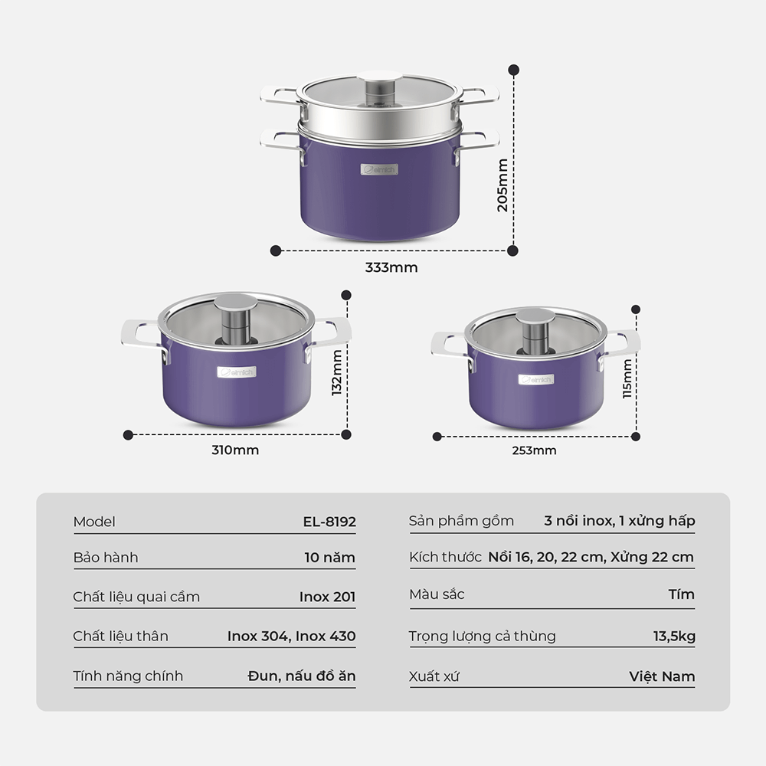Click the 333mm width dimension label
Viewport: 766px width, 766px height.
tap(391, 267)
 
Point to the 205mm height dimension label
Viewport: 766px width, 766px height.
tap(502, 185)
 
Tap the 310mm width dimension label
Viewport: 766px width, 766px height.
tap(235, 450)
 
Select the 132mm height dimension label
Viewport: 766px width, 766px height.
tap(336, 373)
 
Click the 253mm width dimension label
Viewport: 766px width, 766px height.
tap(534, 450)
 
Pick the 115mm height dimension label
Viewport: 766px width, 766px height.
tap(627, 378)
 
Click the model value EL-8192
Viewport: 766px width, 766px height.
tap(329, 522)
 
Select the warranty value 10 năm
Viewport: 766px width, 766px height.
tap(329, 558)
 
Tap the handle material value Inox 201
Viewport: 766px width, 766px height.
tap(327, 597)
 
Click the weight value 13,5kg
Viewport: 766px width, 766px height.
tap(674, 636)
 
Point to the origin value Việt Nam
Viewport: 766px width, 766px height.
tap(662, 676)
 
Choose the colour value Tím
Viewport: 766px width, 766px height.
tap(682, 594)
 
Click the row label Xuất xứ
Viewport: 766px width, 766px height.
tap(434, 676)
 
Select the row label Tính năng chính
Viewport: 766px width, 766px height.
tap(128, 676)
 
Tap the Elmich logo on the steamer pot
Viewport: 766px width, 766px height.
tap(379, 169)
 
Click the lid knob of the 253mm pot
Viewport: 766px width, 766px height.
tap(535, 329)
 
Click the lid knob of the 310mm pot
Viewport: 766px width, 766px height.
tap(235, 318)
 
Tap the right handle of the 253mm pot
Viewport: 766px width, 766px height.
tap(620, 347)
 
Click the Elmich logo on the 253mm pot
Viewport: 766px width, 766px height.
tap(536, 380)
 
